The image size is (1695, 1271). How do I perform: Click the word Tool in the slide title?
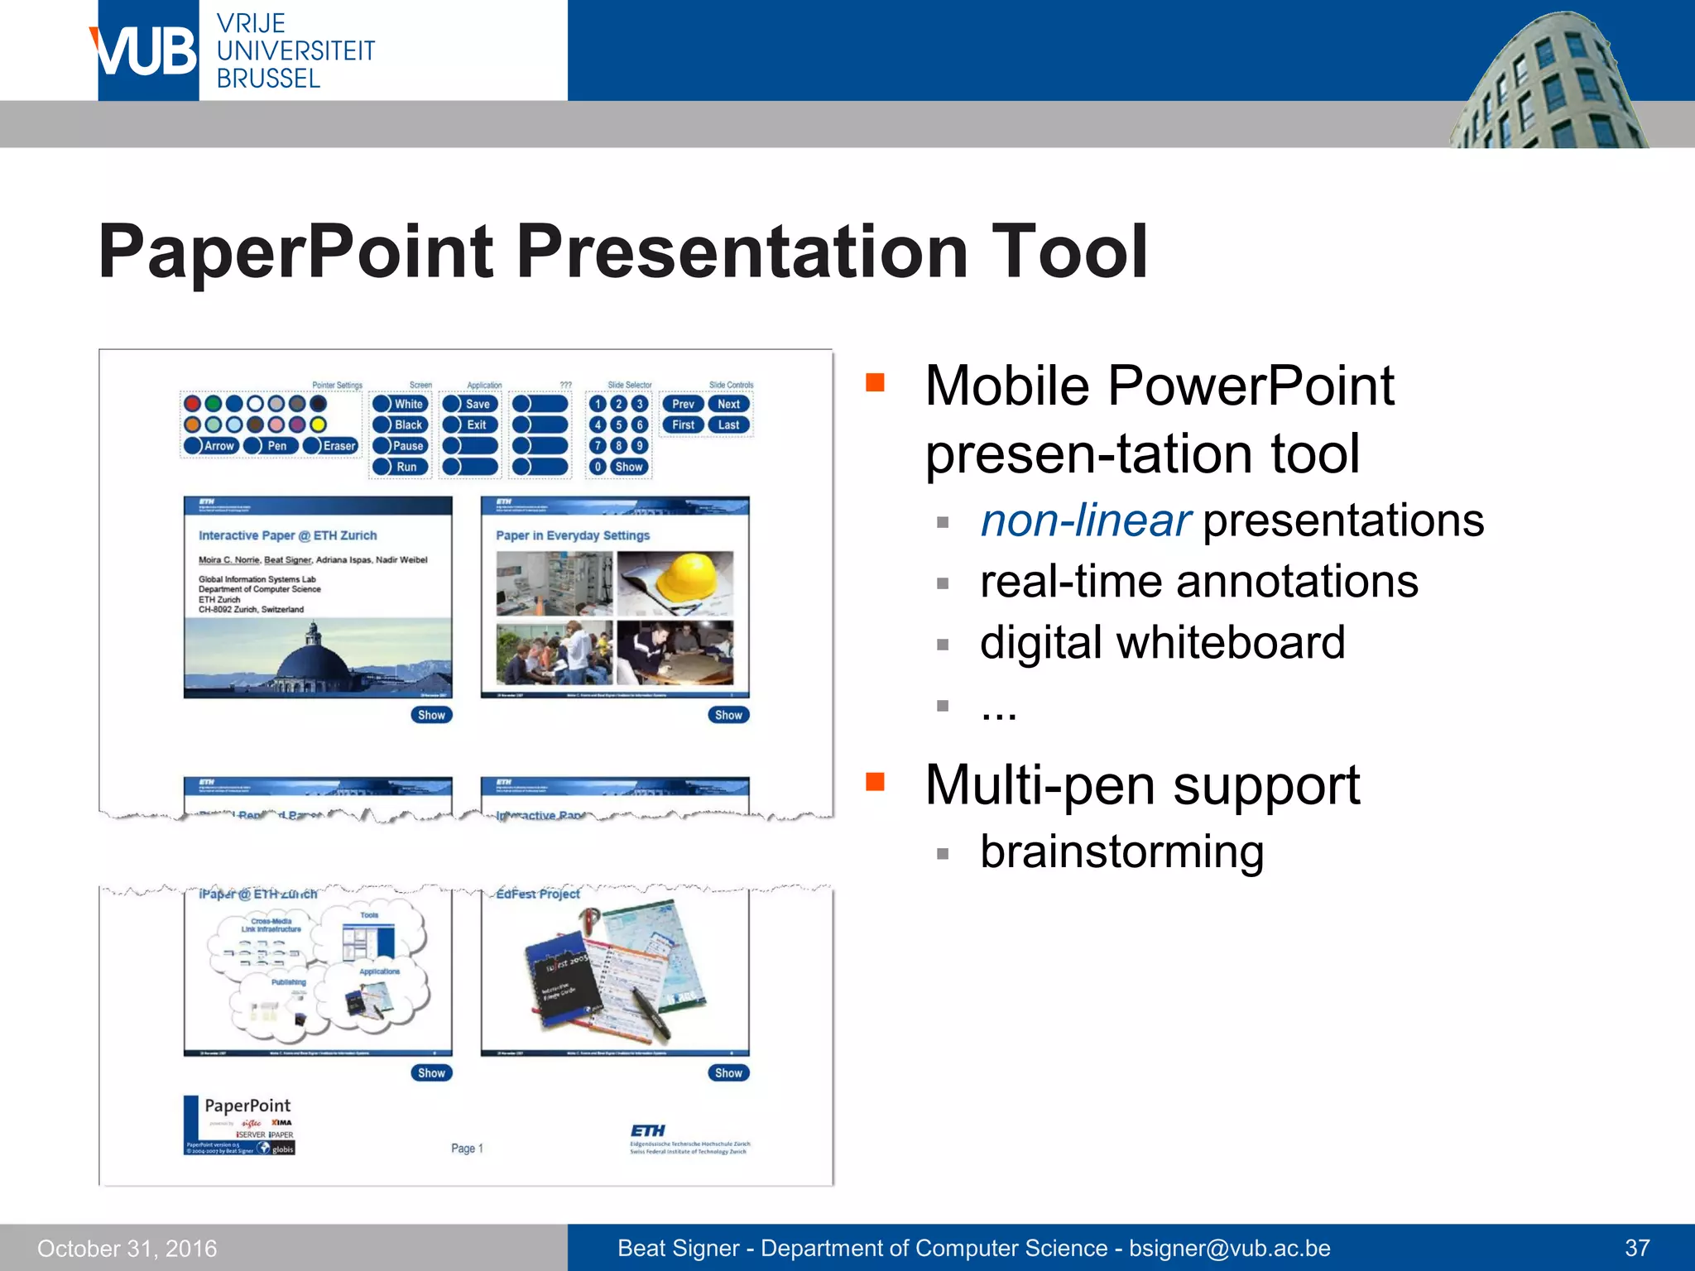[x=1068, y=252]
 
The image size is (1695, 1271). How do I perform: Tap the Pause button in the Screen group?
[x=401, y=446]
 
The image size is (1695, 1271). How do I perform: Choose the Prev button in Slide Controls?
[x=683, y=404]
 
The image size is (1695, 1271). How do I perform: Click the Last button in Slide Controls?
[x=728, y=424]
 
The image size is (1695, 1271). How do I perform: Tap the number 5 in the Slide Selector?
[x=618, y=424]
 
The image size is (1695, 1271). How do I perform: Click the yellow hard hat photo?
[x=675, y=583]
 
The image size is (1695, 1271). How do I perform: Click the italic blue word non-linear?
[x=1085, y=521]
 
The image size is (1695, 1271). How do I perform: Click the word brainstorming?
[x=1121, y=852]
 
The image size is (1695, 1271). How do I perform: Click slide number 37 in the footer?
[x=1637, y=1248]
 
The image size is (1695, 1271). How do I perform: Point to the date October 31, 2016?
[x=127, y=1248]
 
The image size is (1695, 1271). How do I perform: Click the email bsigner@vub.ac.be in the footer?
[x=1230, y=1248]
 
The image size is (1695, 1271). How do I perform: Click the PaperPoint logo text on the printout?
[x=247, y=1106]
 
